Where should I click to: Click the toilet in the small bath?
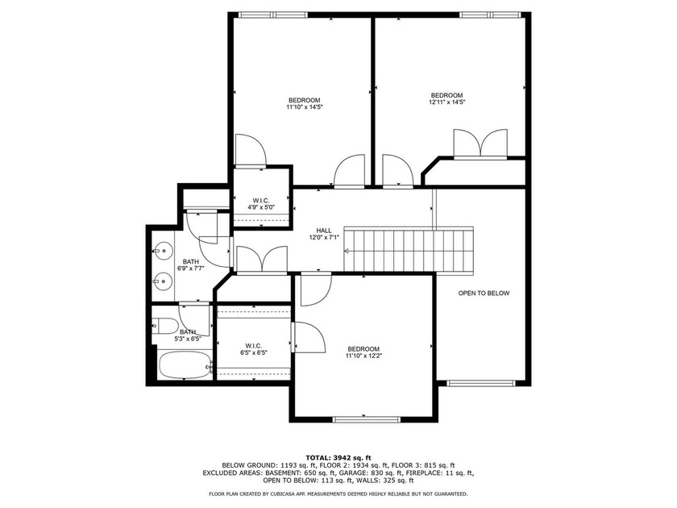(x=168, y=327)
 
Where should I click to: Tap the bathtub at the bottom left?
(x=185, y=365)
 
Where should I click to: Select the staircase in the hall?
(x=411, y=251)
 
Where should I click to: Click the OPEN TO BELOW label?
(x=484, y=294)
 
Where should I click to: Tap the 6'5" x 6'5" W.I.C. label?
(x=253, y=348)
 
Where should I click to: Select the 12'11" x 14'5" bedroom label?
(x=446, y=98)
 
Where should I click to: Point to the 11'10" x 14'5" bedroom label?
(x=305, y=102)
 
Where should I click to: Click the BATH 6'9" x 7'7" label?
(x=190, y=266)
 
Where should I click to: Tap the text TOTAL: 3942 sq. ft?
(x=338, y=456)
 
